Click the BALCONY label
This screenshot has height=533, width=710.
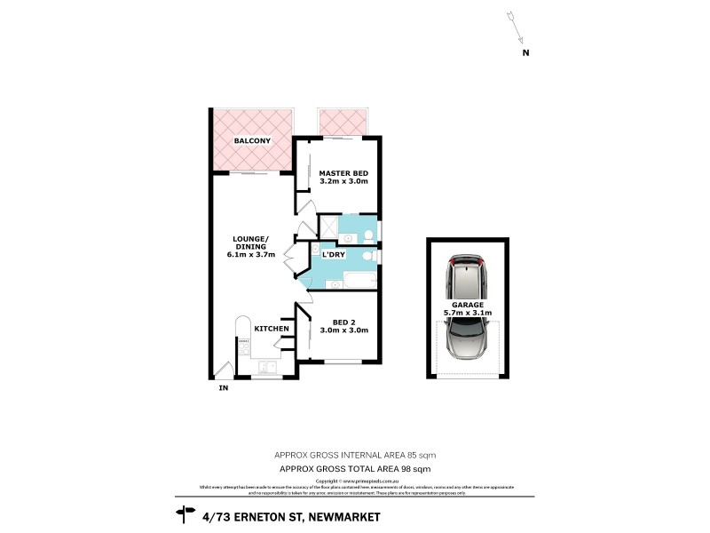[x=252, y=141]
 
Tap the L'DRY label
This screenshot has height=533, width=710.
[x=333, y=255]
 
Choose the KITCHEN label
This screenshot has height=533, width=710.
[x=272, y=330]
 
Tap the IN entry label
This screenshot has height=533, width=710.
[x=223, y=386]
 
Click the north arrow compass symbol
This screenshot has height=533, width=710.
[x=516, y=26]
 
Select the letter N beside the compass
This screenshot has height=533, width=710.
[x=525, y=52]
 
